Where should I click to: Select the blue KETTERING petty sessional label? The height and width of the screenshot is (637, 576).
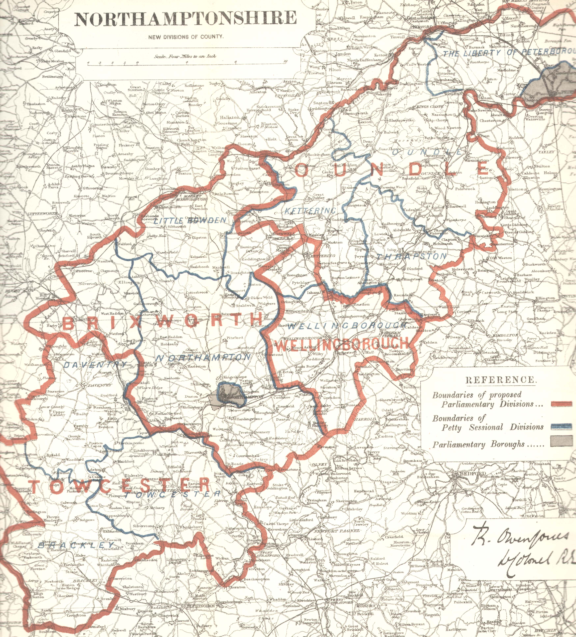(310, 210)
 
